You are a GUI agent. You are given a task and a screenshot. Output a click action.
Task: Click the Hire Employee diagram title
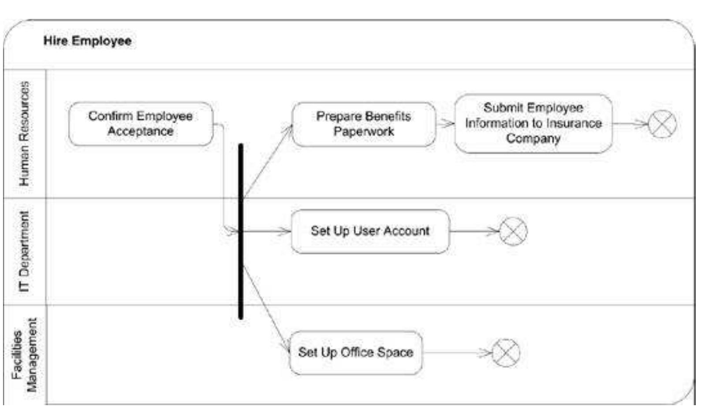[87, 41]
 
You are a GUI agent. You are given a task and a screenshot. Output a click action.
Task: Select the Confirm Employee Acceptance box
[141, 124]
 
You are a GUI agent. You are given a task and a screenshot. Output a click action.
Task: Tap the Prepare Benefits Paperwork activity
[363, 124]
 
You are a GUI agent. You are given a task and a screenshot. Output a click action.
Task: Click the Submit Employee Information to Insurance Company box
[533, 123]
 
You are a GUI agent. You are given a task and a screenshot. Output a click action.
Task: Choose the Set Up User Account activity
[370, 231]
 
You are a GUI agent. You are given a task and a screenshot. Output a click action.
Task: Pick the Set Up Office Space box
[355, 352]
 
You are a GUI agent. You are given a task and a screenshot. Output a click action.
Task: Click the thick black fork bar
[241, 231]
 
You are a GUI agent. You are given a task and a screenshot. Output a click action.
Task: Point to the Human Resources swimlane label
[24, 133]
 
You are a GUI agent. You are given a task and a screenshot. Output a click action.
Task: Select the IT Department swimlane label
[24, 251]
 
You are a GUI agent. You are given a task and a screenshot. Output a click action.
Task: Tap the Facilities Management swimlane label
[25, 355]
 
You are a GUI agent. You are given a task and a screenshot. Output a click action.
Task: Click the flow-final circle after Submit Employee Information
[662, 124]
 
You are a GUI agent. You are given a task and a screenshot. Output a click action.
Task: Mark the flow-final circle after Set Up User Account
[513, 231]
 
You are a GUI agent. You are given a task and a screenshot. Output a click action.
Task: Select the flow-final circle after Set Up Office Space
[506, 353]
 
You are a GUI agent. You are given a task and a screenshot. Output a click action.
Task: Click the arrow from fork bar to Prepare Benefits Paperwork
[267, 161]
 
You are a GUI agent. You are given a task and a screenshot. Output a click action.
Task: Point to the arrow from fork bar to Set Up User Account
[267, 231]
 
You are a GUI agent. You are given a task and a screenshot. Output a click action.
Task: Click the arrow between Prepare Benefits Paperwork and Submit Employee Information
[445, 124]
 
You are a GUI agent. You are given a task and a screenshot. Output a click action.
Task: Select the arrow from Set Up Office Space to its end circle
[456, 352]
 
